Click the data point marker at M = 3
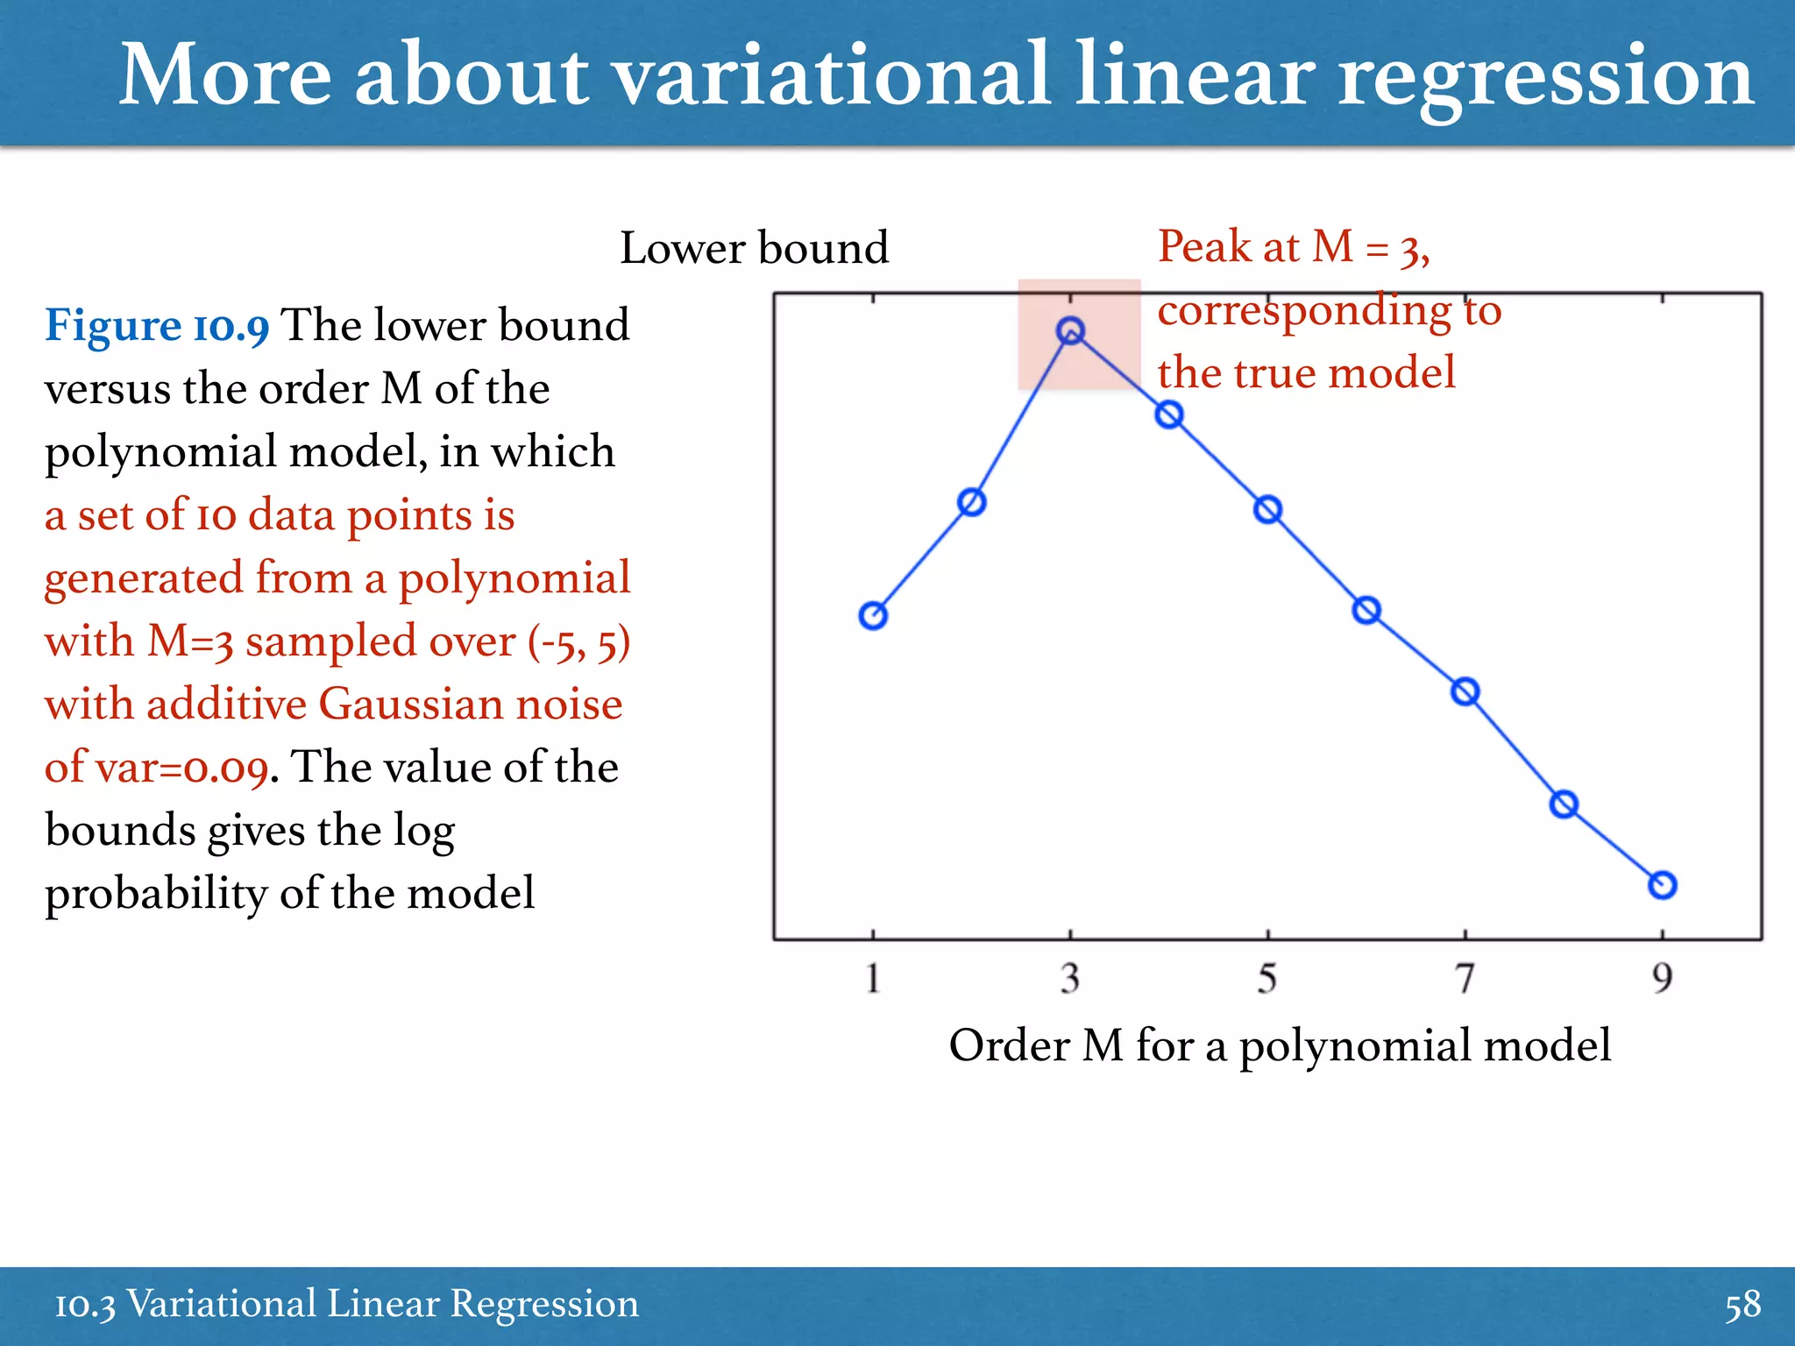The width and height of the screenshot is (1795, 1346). [1070, 330]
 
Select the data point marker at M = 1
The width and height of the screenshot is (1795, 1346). [873, 616]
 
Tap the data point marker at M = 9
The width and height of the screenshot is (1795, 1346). [1662, 885]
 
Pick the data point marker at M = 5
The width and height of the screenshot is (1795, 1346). [1267, 509]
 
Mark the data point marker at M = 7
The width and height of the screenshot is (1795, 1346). [1465, 692]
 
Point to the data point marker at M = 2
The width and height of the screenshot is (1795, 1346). [972, 502]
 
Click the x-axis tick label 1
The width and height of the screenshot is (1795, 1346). [873, 978]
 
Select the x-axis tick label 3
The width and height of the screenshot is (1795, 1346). [1070, 978]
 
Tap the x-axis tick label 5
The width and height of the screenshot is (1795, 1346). [1267, 978]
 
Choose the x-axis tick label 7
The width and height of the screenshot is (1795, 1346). [1465, 978]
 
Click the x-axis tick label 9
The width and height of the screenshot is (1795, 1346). [1663, 978]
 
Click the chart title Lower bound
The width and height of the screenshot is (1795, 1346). [754, 248]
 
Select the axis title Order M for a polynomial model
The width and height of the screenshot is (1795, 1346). [1280, 1045]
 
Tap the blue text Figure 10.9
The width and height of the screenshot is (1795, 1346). [157, 326]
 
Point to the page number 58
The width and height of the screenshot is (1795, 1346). [1742, 1305]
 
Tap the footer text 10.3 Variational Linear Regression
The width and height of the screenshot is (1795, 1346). [346, 1305]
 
